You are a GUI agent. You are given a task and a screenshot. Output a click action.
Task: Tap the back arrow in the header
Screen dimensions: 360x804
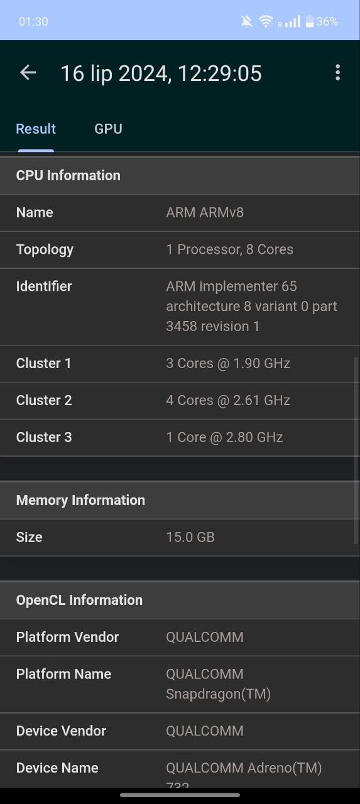click(28, 72)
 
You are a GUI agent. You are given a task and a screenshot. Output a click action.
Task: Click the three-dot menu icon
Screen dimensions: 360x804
click(337, 72)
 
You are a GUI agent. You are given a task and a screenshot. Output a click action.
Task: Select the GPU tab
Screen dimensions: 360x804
click(108, 129)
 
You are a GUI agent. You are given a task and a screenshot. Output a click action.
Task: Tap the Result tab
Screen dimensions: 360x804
click(36, 129)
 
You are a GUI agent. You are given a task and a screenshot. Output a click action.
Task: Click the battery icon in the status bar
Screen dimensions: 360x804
click(309, 21)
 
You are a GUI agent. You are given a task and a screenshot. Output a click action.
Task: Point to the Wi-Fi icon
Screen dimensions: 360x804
click(266, 21)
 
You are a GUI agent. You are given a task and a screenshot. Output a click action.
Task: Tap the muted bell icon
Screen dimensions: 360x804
click(247, 21)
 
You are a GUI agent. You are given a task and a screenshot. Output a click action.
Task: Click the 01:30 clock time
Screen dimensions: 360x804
click(33, 21)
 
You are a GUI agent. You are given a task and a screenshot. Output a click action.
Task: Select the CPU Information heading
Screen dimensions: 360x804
click(68, 175)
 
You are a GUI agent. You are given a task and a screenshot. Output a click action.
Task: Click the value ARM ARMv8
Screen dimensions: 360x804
click(205, 212)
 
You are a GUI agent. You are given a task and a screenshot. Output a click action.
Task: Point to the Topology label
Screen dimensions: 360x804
click(45, 250)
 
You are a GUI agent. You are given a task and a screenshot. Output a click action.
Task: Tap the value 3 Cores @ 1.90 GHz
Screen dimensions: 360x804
click(228, 363)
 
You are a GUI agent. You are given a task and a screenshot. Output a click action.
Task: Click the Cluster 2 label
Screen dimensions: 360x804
click(44, 400)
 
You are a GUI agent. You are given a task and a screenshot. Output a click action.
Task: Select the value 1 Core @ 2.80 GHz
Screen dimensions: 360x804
click(224, 437)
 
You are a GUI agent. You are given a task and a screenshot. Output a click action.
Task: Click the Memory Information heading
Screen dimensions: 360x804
click(80, 501)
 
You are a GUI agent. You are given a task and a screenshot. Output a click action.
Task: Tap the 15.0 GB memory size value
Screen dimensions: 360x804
click(190, 537)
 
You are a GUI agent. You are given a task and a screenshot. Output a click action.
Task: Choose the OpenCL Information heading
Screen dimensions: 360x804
click(79, 600)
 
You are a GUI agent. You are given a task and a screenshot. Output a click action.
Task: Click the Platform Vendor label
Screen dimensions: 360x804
click(67, 637)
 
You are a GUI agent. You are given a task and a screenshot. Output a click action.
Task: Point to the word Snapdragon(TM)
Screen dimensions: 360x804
click(218, 694)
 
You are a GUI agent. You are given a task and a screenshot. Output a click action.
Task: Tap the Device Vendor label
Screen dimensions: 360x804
click(61, 731)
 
